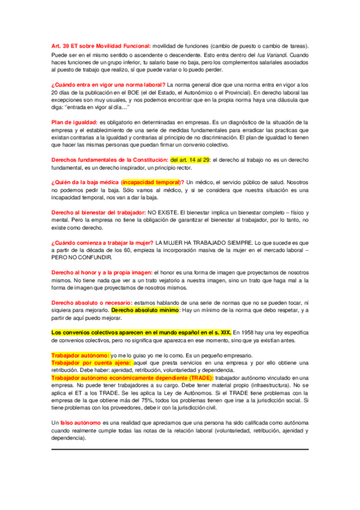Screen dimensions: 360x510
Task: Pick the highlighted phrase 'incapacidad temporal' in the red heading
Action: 150,182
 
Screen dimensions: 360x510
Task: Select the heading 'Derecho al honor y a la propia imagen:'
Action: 102,272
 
